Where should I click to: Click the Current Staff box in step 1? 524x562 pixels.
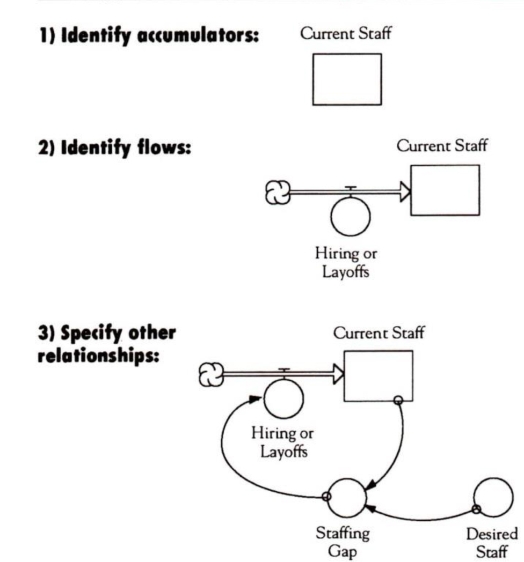pyautogui.click(x=347, y=79)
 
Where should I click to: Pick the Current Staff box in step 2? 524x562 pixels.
pyautogui.click(x=445, y=190)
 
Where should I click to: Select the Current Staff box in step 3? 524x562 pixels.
pyautogui.click(x=378, y=375)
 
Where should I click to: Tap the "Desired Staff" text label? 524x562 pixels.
pyautogui.click(x=499, y=543)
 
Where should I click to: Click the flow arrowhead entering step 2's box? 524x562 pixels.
pyautogui.click(x=405, y=191)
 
